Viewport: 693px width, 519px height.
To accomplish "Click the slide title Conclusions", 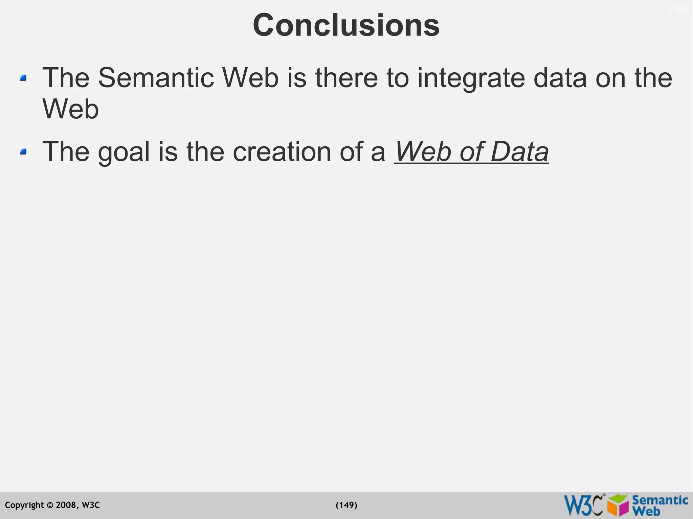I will tap(346, 25).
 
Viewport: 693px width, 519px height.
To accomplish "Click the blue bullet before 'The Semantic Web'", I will tap(23, 78).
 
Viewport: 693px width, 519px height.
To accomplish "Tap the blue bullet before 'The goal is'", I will tap(23, 152).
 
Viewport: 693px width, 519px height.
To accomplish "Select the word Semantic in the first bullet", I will tap(156, 78).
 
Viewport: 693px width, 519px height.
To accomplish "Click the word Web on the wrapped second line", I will tap(70, 109).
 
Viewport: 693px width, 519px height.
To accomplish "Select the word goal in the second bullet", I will tap(124, 152).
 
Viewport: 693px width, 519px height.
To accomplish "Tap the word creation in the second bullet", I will tap(282, 151).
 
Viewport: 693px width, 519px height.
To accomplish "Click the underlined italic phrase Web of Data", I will tap(471, 151).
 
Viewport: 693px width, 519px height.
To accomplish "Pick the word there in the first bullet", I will tap(346, 78).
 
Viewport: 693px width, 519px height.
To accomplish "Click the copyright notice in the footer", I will tap(52, 505).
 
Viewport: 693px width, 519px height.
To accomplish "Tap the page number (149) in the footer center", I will tap(346, 505).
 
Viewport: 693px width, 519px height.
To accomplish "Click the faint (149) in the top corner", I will tap(678, 9).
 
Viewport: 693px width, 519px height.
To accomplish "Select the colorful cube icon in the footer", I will tap(618, 505).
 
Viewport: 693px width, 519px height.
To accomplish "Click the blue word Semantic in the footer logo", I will tap(660, 500).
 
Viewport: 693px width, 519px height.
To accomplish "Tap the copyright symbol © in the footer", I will tap(50, 505).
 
